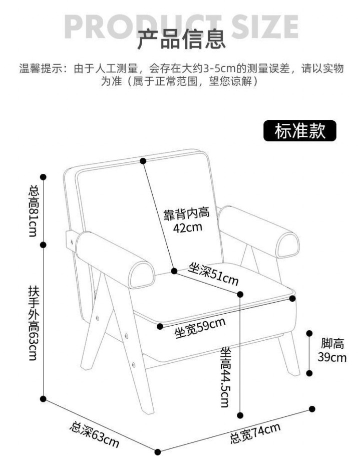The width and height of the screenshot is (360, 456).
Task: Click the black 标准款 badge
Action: tap(299, 131)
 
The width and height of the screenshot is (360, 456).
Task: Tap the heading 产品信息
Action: tap(181, 39)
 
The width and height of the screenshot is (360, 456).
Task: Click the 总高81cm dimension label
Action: tap(34, 211)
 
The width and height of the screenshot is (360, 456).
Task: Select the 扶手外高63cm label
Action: tap(34, 323)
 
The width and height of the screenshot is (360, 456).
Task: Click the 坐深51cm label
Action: tap(213, 274)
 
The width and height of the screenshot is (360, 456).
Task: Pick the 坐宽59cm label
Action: tap(200, 328)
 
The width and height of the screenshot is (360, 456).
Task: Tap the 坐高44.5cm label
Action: tap(225, 377)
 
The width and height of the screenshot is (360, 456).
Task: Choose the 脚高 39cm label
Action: tap(332, 350)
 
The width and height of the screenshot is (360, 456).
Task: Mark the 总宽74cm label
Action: tap(256, 433)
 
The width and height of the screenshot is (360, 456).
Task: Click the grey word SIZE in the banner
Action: tap(265, 27)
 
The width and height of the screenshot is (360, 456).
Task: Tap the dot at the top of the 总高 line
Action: tap(43, 177)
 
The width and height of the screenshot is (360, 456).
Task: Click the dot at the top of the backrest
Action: tap(143, 161)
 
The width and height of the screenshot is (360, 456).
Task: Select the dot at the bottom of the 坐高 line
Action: tap(240, 415)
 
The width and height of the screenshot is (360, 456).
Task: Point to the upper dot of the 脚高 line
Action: tap(309, 333)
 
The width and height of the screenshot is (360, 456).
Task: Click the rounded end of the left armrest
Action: tap(142, 275)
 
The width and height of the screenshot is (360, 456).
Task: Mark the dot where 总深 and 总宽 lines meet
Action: tap(158, 452)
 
